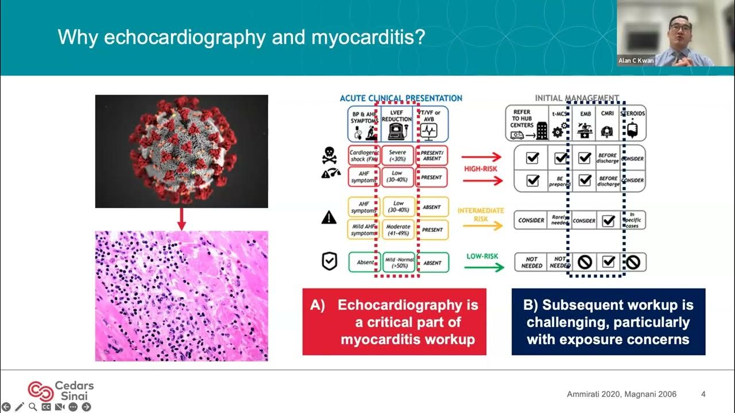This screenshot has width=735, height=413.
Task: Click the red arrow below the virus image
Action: [181, 219]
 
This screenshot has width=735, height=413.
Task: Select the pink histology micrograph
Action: [181, 296]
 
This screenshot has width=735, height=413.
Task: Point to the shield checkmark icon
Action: [329, 262]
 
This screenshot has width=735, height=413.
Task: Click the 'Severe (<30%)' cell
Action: [397, 155]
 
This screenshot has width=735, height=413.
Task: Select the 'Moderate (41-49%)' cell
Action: [397, 229]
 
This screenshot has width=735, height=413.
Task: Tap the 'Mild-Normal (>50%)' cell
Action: [397, 263]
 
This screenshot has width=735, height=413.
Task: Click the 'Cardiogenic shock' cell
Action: [364, 155]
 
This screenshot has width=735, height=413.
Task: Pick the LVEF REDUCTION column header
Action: [397, 123]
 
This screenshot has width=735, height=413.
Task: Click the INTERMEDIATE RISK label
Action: [481, 214]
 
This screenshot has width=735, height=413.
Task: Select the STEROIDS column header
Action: [632, 123]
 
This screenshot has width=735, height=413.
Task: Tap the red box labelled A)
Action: [394, 322]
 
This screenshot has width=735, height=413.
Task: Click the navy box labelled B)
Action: [608, 322]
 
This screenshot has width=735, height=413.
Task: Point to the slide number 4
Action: [703, 394]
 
